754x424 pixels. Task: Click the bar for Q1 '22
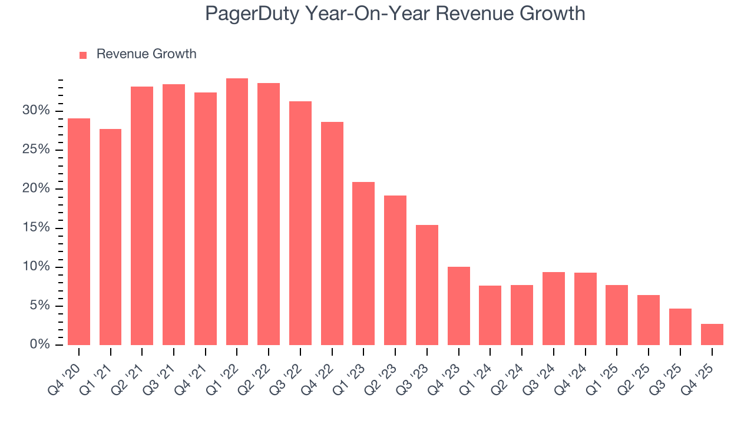(237, 211)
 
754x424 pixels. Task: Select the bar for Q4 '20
(79, 231)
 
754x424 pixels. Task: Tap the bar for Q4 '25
(712, 334)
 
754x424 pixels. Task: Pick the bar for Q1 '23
(363, 263)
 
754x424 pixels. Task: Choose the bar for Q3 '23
(427, 284)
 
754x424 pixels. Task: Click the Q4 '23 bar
(458, 306)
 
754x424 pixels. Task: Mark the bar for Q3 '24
(554, 308)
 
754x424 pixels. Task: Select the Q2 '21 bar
(142, 216)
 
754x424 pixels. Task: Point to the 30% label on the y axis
(36, 111)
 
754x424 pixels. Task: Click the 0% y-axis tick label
(39, 344)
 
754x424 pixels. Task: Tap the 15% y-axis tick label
(36, 228)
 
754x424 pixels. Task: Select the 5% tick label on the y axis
(39, 306)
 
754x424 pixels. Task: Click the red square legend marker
(83, 55)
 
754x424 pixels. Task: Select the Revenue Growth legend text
(146, 54)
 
